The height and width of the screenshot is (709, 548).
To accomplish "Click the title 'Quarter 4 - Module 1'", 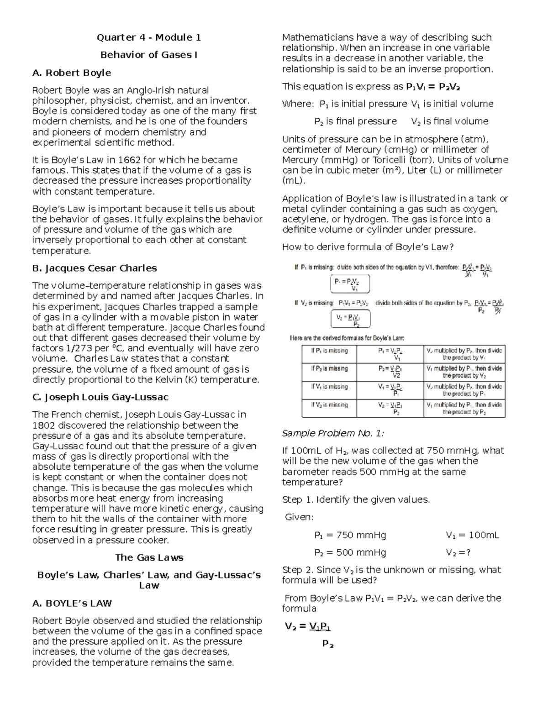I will point(148,37).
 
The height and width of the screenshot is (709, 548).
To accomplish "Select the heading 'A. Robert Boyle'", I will point(72,73).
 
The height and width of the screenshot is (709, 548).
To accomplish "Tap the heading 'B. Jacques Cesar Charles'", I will point(95,268).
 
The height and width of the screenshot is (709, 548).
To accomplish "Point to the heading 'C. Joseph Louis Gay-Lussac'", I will point(100,397).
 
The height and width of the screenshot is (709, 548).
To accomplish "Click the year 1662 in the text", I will point(129,160).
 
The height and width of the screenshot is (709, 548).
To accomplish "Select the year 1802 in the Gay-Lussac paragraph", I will point(44,425).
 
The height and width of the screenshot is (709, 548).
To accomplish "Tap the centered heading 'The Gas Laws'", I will point(149,557).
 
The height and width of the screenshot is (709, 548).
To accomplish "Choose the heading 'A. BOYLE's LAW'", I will point(72,603).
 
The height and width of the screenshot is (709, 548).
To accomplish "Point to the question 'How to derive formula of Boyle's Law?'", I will point(368,247).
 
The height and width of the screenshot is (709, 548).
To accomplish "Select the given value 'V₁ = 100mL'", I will point(472,535).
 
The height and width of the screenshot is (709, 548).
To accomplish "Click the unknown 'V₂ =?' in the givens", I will point(458,552).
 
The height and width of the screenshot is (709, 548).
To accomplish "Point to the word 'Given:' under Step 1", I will point(299,517).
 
